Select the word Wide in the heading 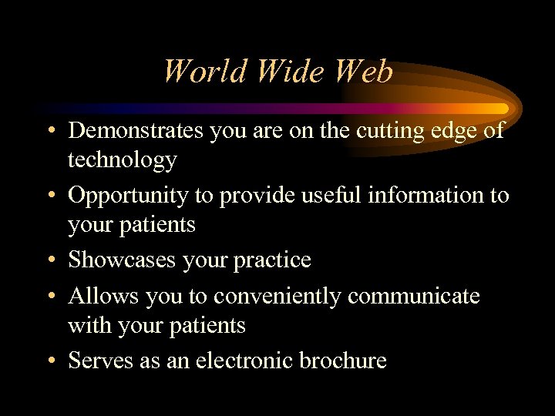tap(279, 72)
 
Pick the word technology tap(122, 160)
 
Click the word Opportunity tap(128, 196)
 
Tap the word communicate tap(414, 296)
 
